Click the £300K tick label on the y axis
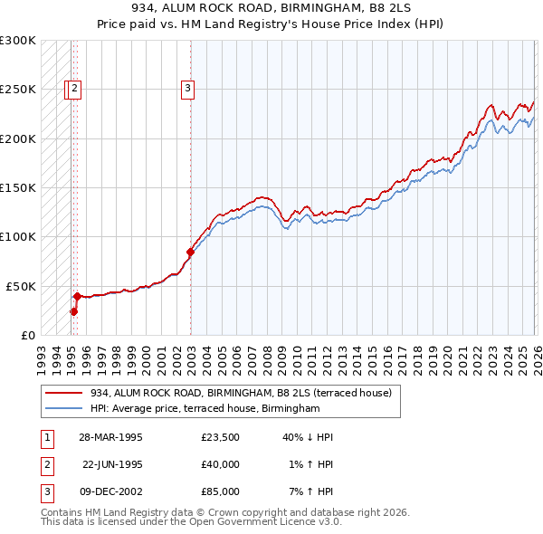click(x=18, y=41)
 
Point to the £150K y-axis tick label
click(x=18, y=187)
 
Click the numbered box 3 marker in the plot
click(x=187, y=88)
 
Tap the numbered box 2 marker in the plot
click(x=74, y=88)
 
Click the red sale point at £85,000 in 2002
click(x=190, y=252)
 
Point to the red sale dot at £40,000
click(x=77, y=295)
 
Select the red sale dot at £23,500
click(x=73, y=311)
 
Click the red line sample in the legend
click(x=64, y=393)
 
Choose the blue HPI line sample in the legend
click(x=64, y=409)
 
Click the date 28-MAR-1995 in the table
click(x=111, y=437)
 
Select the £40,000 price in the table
click(x=221, y=464)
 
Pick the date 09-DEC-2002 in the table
click(x=111, y=491)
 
